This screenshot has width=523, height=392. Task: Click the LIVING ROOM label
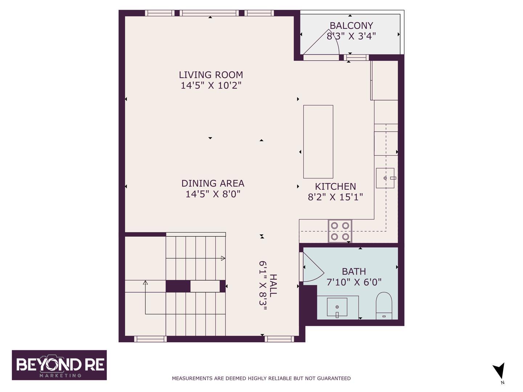click(211, 75)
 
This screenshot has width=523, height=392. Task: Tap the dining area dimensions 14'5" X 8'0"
click(213, 194)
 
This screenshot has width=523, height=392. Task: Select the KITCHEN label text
click(335, 186)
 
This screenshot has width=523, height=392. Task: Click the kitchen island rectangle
click(318, 142)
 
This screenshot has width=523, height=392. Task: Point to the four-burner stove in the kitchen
click(340, 231)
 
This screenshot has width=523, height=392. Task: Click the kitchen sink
click(385, 178)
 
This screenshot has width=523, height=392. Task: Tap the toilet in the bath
click(384, 306)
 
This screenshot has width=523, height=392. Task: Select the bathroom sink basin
click(337, 307)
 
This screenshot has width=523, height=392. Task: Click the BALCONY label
click(351, 25)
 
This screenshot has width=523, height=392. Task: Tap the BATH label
click(354, 271)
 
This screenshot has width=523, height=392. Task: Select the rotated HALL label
click(273, 286)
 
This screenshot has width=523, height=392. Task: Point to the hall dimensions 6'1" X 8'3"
click(263, 286)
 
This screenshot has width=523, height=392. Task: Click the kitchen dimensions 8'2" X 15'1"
click(335, 197)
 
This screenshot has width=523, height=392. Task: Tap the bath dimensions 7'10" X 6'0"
click(354, 282)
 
